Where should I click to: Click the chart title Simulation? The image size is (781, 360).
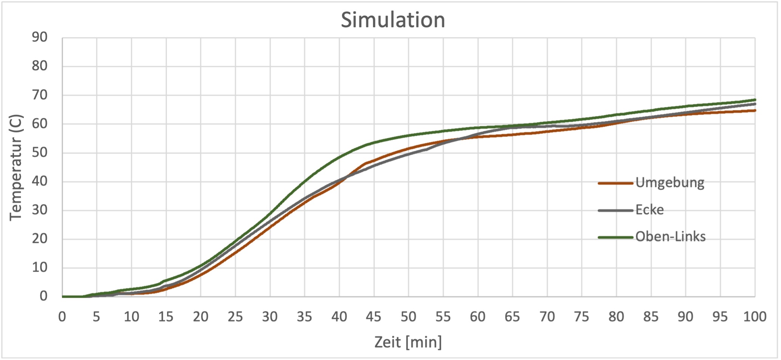pos(393,20)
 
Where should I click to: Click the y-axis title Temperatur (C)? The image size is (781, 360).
pos(16,167)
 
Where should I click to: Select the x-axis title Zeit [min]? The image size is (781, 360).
pos(408,342)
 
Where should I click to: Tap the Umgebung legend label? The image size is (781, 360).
pos(670,183)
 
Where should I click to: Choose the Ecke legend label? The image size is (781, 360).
pos(649,210)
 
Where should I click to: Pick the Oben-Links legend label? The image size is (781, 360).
pos(670,237)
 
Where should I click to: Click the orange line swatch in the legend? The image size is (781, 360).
pos(615,183)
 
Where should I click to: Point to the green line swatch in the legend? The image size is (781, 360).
pos(615,237)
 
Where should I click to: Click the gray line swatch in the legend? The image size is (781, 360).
pos(615,210)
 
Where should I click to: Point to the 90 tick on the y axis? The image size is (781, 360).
pos(39,37)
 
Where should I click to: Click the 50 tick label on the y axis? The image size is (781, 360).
pos(39,153)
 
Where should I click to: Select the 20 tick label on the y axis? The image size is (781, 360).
pos(39,239)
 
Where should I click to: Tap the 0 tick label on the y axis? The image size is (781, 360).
pos(43,296)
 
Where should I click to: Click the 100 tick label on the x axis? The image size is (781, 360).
pos(755,317)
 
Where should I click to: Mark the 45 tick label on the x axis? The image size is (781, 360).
pos(374,317)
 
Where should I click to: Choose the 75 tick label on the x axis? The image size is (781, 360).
pos(581,317)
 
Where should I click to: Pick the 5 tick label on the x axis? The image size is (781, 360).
pos(96,317)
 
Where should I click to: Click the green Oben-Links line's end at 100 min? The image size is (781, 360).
pos(755,100)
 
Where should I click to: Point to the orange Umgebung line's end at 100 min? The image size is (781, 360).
pos(755,110)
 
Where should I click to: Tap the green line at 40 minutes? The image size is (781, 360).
pos(339,157)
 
